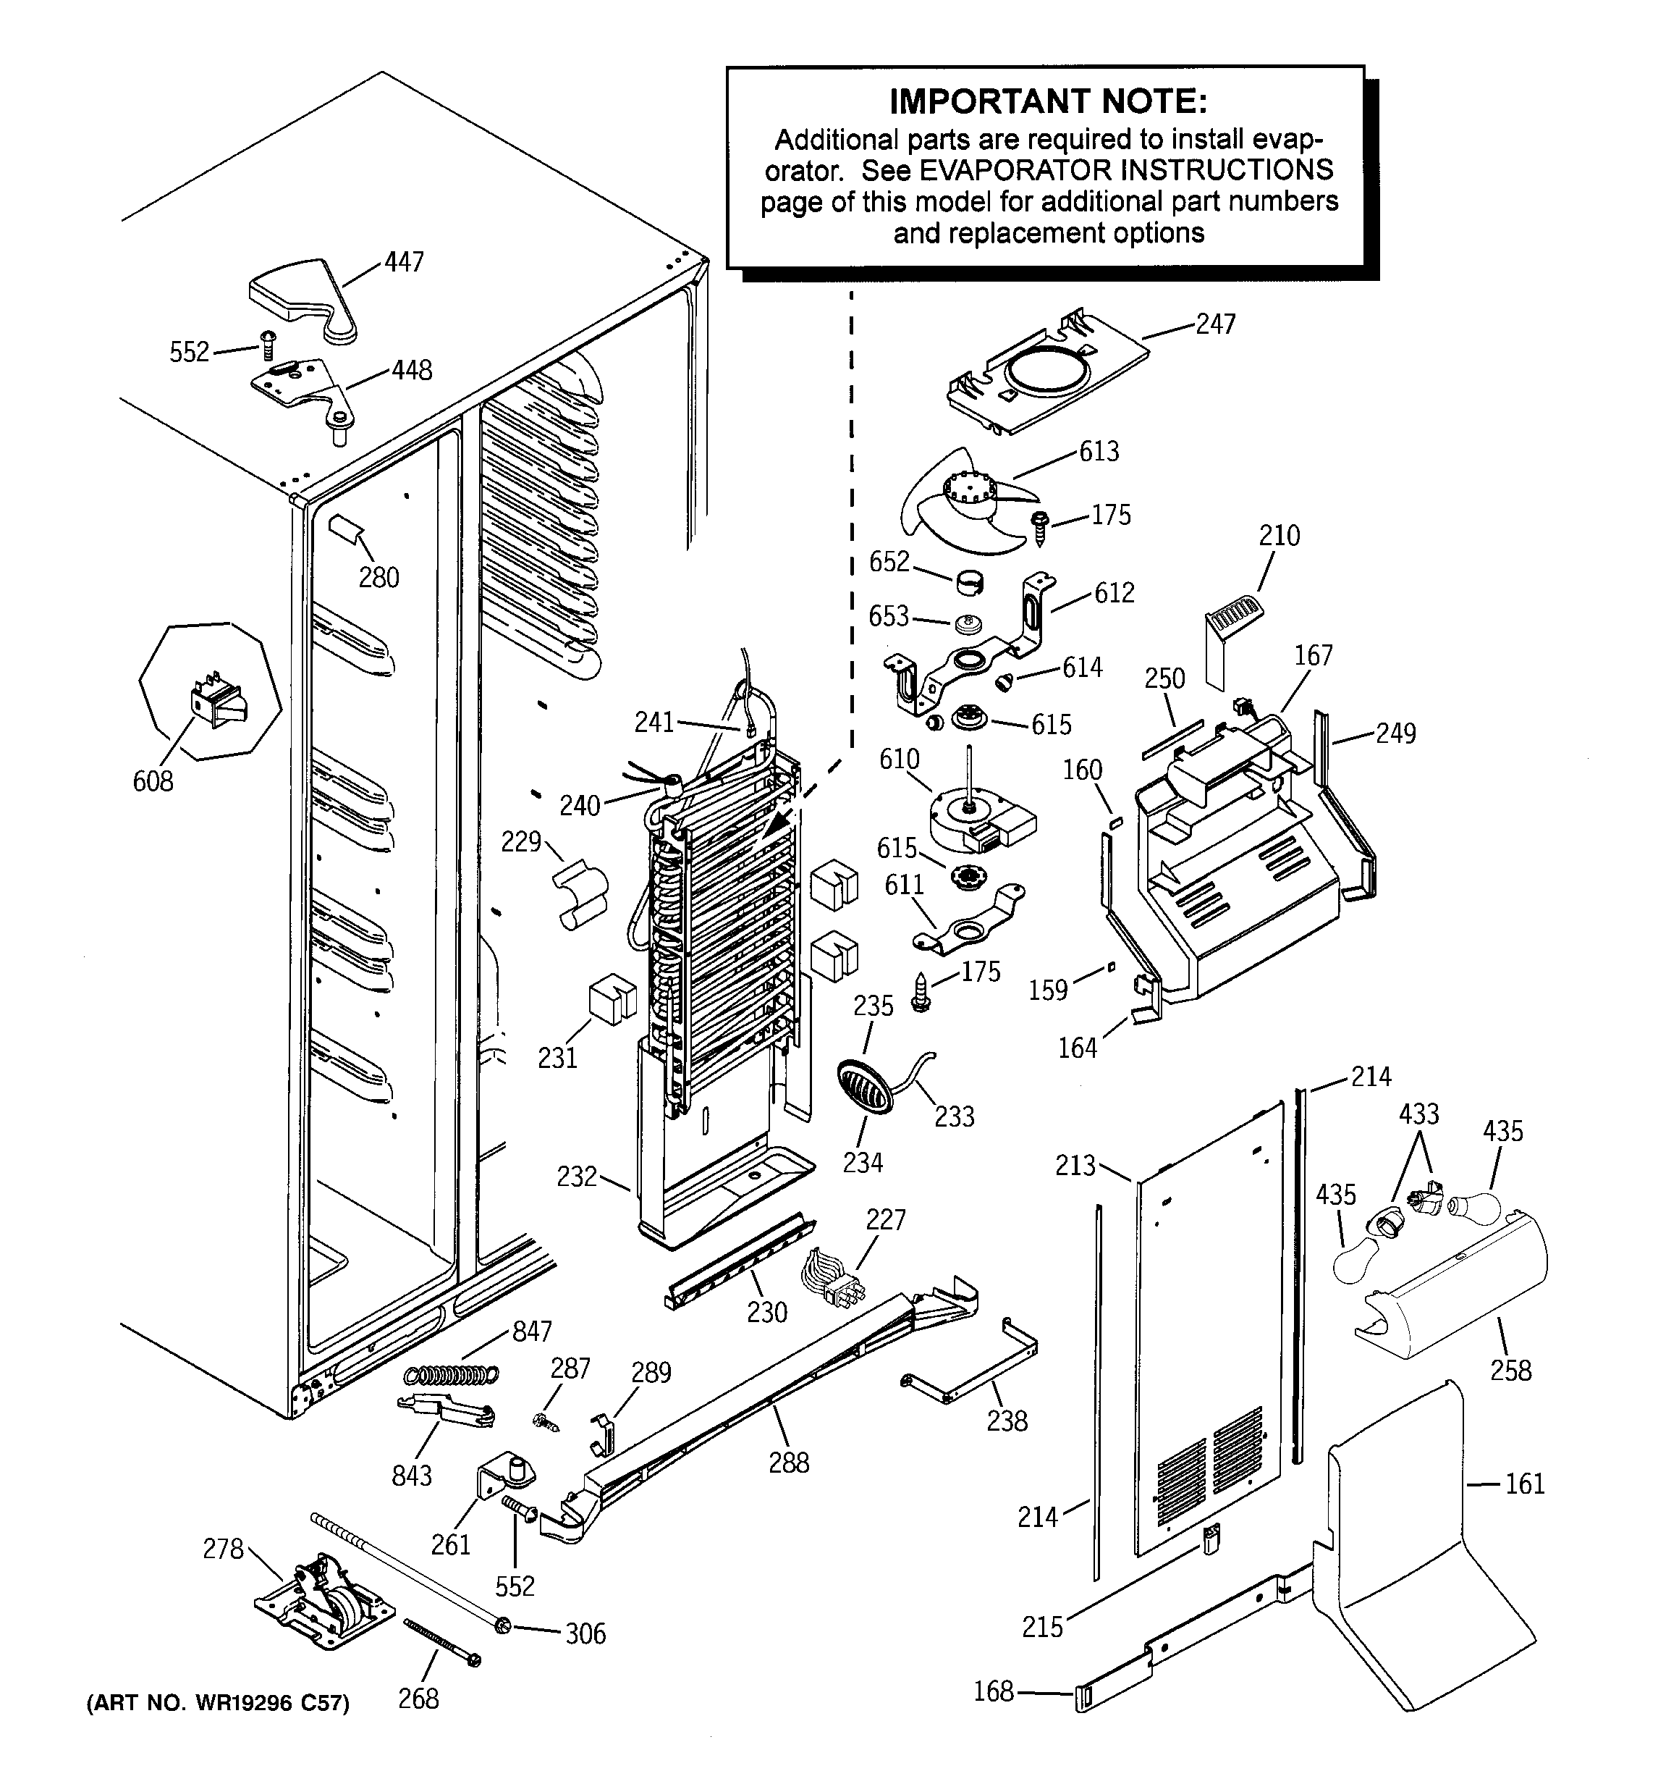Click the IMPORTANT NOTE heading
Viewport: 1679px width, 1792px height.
(1047, 102)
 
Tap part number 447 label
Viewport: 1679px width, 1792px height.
(404, 262)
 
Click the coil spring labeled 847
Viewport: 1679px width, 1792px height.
(451, 1375)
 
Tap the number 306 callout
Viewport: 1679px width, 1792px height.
(585, 1633)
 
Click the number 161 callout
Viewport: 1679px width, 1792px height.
(1525, 1484)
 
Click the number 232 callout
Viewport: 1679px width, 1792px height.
(577, 1177)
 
